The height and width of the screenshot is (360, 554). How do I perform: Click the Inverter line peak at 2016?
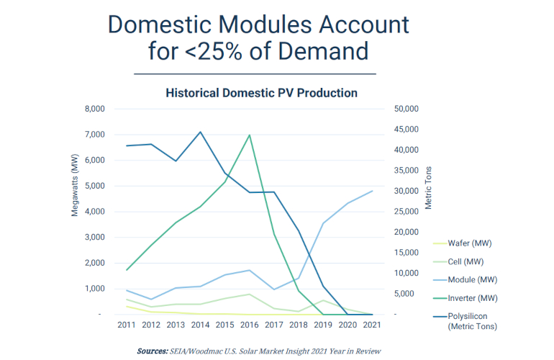(249, 135)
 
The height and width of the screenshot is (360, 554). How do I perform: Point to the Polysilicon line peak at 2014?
(200, 132)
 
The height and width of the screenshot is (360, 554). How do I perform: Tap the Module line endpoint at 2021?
(371, 191)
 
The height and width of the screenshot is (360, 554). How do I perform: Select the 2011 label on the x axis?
(127, 325)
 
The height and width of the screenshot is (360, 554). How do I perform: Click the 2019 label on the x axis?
(322, 325)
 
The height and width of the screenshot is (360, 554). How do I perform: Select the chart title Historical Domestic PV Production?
(261, 93)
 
